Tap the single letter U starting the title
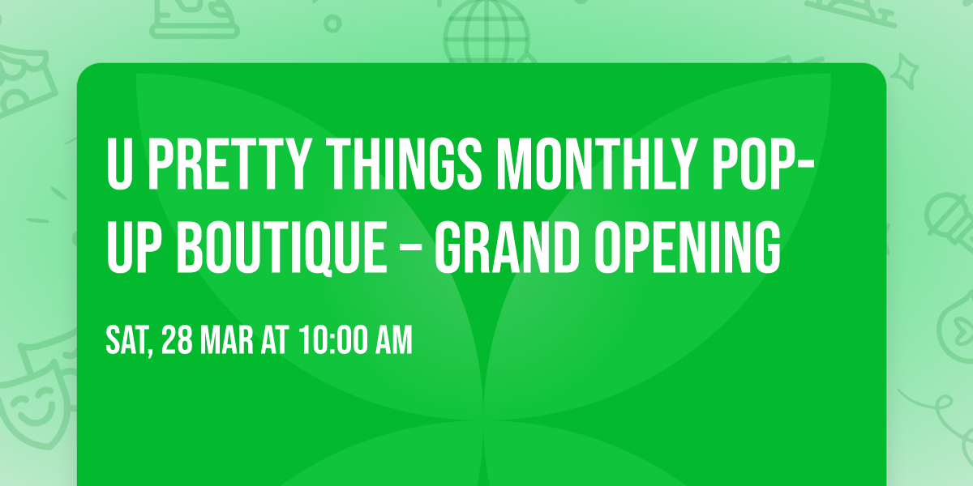coord(119,165)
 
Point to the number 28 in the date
coord(177,342)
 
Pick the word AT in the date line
coord(275,342)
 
